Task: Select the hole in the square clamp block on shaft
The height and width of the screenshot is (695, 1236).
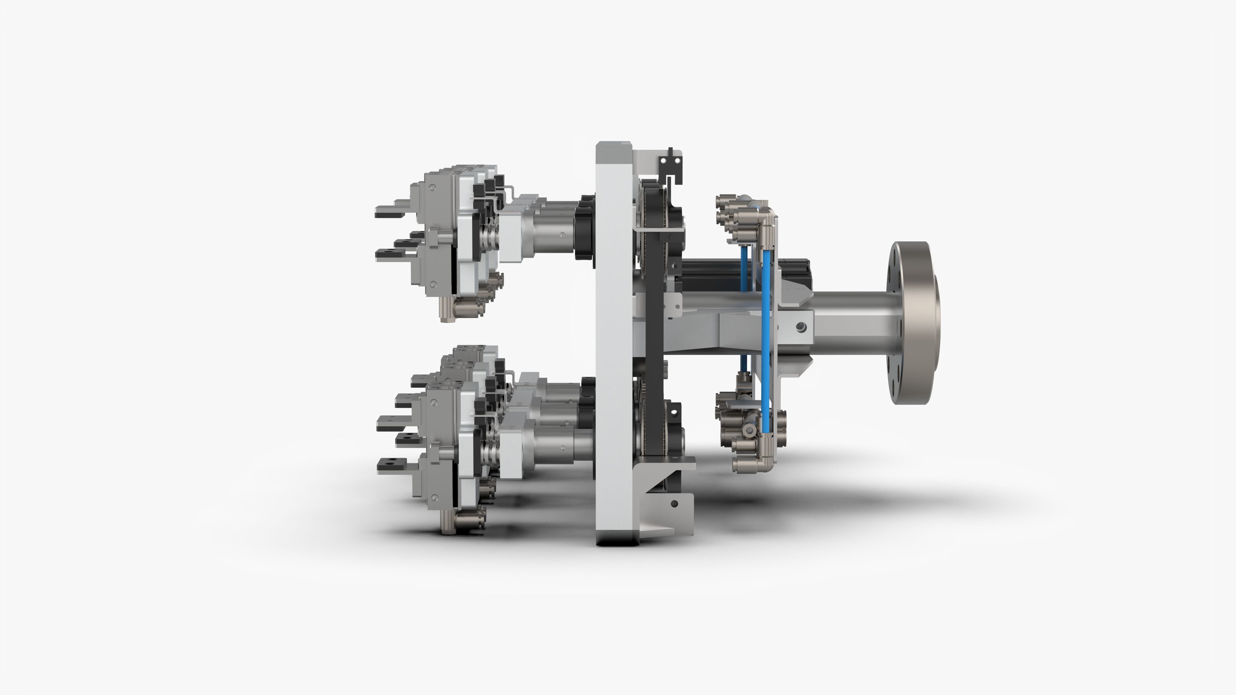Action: click(x=800, y=327)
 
